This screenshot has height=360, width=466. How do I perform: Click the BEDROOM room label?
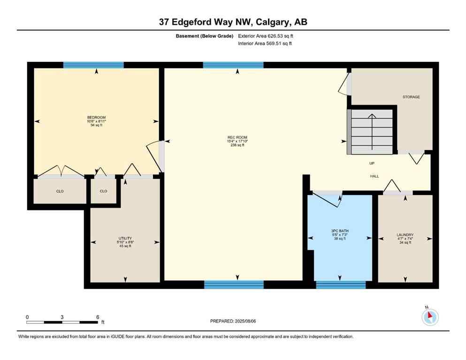(x=96, y=117)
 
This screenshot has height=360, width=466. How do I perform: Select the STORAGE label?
(x=411, y=97)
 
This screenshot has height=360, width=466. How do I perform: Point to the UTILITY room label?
(x=125, y=238)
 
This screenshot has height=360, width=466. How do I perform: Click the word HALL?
(x=374, y=176)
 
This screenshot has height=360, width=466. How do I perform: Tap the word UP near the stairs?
(x=372, y=163)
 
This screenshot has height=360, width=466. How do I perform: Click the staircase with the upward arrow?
(x=371, y=131)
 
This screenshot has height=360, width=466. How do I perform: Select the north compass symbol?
(x=429, y=317)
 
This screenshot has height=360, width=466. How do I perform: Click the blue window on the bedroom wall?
(x=93, y=65)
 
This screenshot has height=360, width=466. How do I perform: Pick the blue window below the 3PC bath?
(x=341, y=284)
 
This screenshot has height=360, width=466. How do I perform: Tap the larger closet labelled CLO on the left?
(x=60, y=191)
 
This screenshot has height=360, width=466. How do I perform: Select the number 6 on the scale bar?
(x=97, y=317)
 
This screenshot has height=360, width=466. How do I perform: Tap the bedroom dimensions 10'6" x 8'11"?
(x=96, y=121)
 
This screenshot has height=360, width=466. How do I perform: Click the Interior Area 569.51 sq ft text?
(x=265, y=44)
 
